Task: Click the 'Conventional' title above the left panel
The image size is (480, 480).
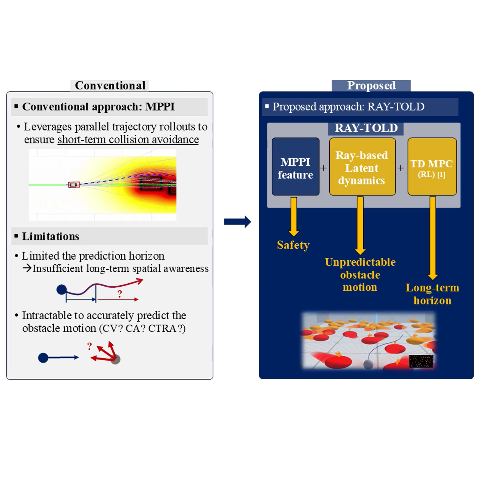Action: [110, 85]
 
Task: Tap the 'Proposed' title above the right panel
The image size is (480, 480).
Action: [371, 85]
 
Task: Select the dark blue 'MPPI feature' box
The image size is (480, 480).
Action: [295, 166]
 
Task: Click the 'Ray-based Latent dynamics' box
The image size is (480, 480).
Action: [362, 166]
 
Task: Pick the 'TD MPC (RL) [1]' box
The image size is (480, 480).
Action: [432, 166]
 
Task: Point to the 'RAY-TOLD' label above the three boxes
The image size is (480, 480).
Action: [366, 128]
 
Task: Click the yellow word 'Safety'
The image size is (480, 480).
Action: [293, 245]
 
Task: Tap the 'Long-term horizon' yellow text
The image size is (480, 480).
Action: [432, 294]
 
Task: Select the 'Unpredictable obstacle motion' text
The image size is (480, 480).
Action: [360, 275]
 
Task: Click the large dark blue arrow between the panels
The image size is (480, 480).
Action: [237, 222]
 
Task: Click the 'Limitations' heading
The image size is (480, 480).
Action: [51, 236]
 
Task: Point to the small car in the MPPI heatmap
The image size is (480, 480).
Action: [74, 185]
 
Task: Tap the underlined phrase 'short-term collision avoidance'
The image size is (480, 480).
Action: [128, 140]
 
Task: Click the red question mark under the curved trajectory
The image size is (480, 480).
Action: [120, 294]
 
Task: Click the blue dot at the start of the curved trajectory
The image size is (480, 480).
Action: [62, 290]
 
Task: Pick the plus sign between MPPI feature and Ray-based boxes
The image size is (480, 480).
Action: [323, 168]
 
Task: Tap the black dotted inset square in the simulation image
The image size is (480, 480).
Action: [421, 361]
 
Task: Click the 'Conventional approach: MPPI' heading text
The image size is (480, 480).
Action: [98, 107]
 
